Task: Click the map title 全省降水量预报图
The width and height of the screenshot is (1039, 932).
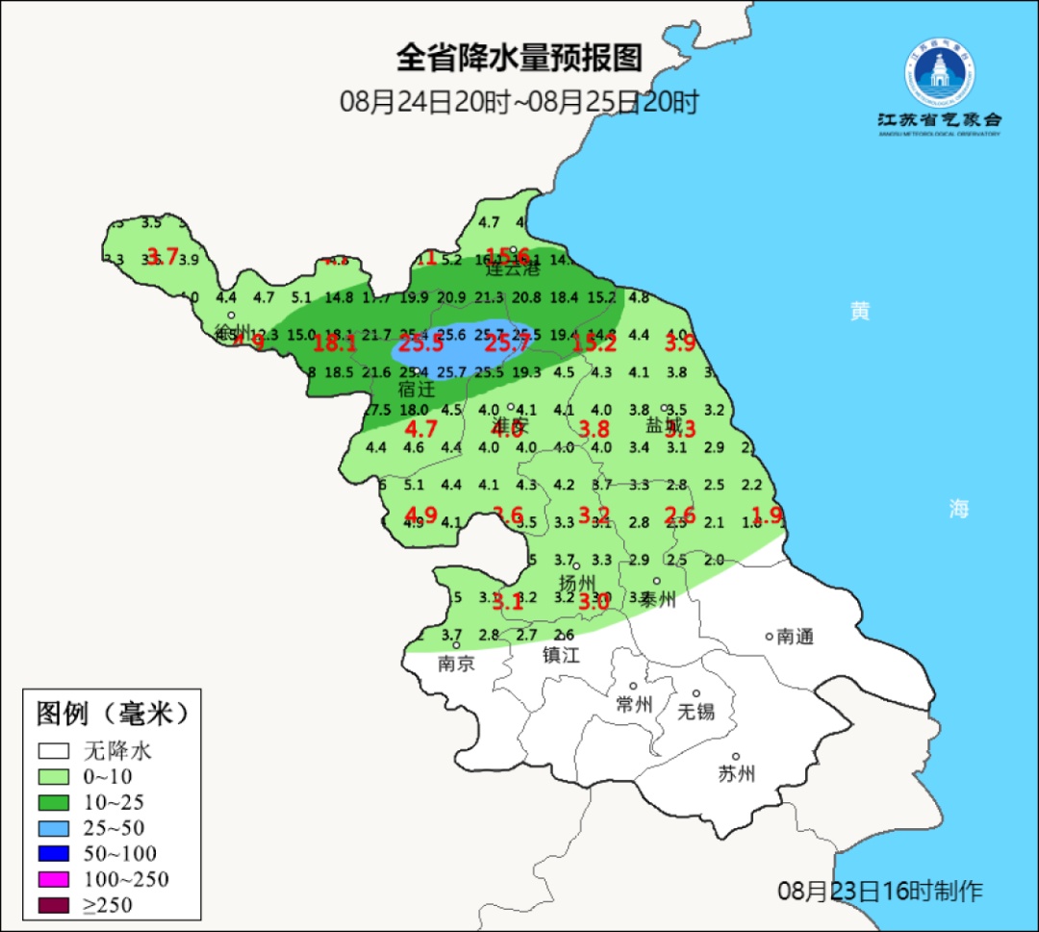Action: [519, 59]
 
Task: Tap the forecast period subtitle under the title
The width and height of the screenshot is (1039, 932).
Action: [519, 102]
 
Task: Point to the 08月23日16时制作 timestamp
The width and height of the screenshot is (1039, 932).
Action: [880, 891]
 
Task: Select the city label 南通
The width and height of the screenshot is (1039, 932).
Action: [796, 636]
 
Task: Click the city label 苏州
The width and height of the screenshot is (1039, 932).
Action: [736, 773]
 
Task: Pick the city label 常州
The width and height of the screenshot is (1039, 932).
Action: [634, 704]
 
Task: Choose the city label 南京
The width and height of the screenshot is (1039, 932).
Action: [456, 663]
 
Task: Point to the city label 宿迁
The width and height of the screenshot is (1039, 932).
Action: [417, 390]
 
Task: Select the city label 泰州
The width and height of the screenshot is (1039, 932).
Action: [658, 599]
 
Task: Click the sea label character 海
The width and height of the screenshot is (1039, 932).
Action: [958, 509]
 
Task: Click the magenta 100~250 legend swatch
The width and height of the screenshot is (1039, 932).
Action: [54, 879]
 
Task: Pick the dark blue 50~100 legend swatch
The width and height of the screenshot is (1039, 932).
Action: [54, 853]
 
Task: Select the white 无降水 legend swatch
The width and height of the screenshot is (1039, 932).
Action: [54, 750]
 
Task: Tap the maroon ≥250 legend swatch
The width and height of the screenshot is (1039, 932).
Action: [54, 905]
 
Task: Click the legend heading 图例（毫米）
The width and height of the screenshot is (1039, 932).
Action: [112, 714]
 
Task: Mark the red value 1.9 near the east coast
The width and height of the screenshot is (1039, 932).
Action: [767, 515]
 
